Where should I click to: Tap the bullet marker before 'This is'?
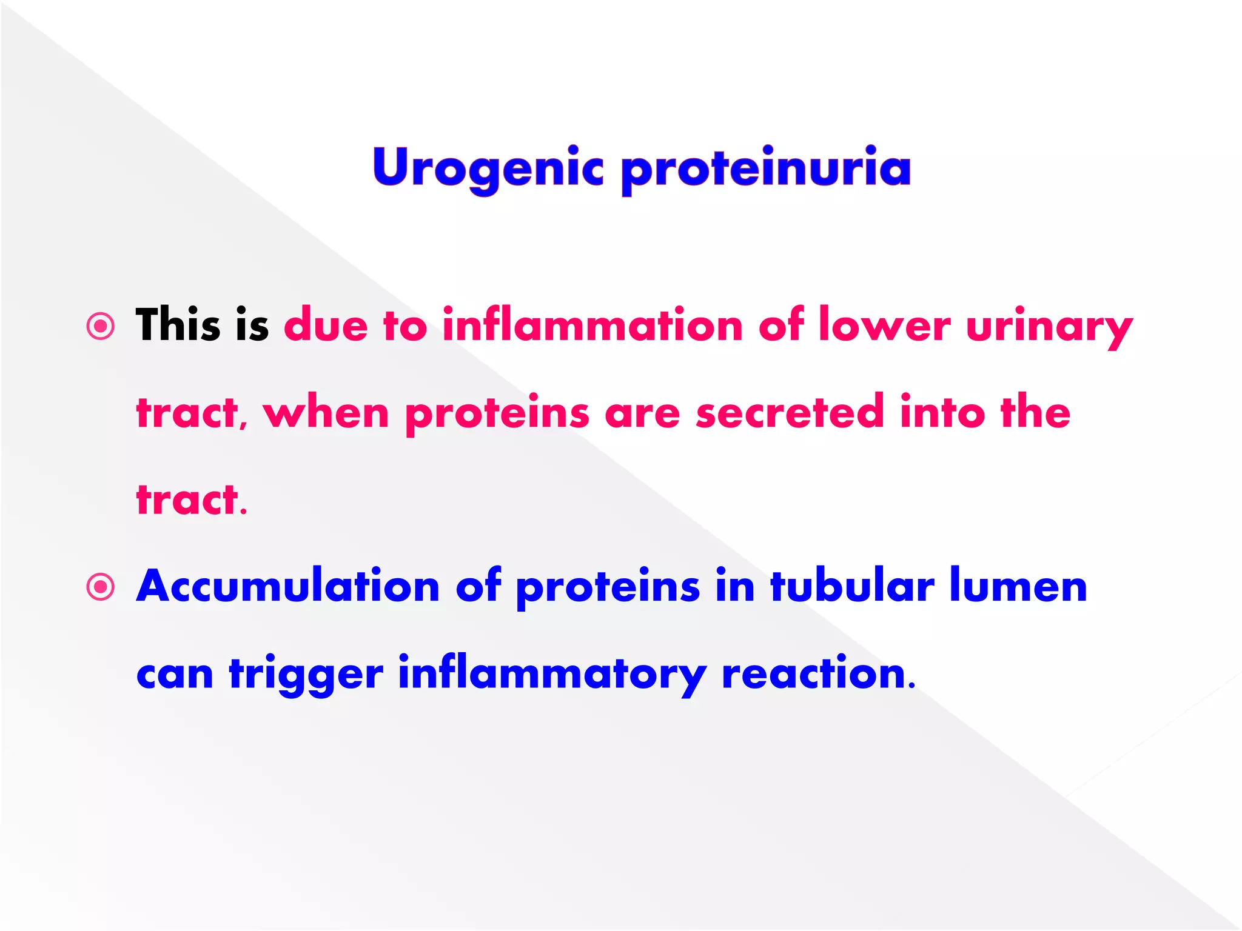(101, 327)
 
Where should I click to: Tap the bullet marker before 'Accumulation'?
(101, 587)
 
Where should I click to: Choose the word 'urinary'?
(1049, 327)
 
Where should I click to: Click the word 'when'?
(326, 412)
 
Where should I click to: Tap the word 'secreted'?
(790, 412)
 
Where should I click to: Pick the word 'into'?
(942, 412)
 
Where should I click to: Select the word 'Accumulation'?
(288, 586)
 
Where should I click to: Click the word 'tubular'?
(852, 586)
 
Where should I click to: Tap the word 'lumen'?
(1018, 586)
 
